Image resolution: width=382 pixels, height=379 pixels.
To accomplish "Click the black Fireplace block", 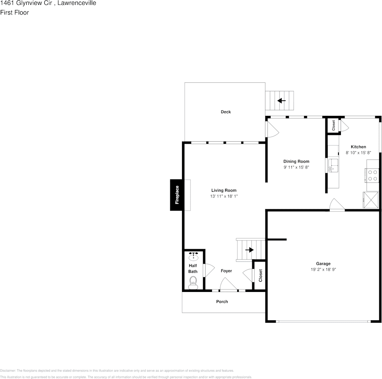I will pyautogui.click(x=176, y=195).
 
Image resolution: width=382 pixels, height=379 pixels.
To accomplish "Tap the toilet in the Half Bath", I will pyautogui.click(x=193, y=284).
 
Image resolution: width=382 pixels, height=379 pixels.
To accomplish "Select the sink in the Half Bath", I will pyautogui.click(x=194, y=255).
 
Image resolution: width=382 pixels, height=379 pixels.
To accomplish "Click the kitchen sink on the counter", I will pyautogui.click(x=332, y=165).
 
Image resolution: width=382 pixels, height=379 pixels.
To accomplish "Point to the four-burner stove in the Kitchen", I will pyautogui.click(x=372, y=176).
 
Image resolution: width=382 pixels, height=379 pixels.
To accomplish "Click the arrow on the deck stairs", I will pyautogui.click(x=281, y=101).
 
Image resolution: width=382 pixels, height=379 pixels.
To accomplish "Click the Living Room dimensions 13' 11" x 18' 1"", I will pyautogui.click(x=224, y=196).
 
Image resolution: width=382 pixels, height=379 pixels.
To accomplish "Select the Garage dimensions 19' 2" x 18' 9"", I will pyautogui.click(x=323, y=270).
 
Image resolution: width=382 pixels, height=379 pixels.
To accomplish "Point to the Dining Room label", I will pyautogui.click(x=296, y=161).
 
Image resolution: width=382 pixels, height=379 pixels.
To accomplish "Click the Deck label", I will pyautogui.click(x=226, y=112).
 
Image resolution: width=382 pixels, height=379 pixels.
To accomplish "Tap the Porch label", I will pyautogui.click(x=222, y=302).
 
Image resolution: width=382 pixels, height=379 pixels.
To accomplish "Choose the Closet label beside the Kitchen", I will pyautogui.click(x=333, y=125).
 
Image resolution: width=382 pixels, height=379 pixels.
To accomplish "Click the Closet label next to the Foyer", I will pyautogui.click(x=260, y=276).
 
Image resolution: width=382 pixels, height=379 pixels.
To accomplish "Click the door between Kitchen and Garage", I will pyautogui.click(x=336, y=205).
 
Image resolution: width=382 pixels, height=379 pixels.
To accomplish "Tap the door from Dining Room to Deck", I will pyautogui.click(x=271, y=129).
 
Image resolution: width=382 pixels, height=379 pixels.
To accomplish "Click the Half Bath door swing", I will pyautogui.click(x=208, y=271).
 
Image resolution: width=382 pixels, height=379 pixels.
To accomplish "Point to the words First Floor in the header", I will pyautogui.click(x=14, y=12).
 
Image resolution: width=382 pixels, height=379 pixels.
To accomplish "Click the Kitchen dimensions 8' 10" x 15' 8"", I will pyautogui.click(x=358, y=153).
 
